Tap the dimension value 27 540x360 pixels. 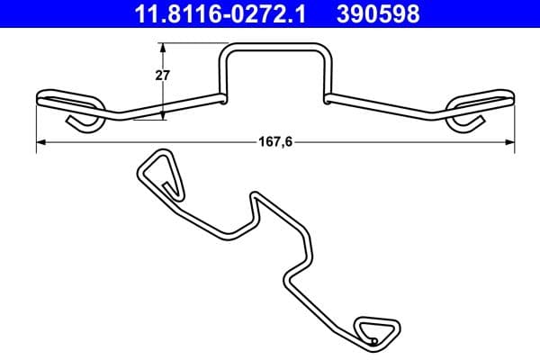[163, 76]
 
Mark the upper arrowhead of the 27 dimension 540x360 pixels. [163, 47]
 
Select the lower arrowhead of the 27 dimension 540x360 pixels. [163, 114]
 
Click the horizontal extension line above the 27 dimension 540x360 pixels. [189, 43]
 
